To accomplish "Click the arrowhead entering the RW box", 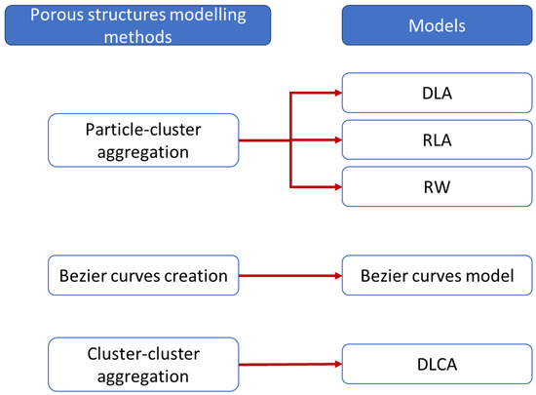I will click(x=336, y=184).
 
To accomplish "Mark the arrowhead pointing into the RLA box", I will click(x=336, y=140).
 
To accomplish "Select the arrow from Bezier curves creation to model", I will click(x=287, y=276).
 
